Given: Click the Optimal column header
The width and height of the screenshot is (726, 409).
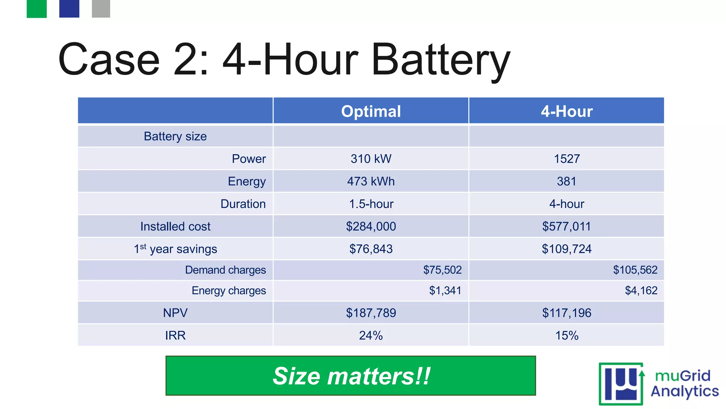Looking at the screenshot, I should tap(371, 111).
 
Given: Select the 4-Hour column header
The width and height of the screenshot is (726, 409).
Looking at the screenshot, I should tap(566, 111).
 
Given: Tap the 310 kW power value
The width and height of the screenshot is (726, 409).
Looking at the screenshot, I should tap(371, 159).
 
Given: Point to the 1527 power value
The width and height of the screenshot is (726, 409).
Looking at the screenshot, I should tap(566, 159).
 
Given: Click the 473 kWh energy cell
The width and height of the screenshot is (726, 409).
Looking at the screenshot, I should tap(371, 181).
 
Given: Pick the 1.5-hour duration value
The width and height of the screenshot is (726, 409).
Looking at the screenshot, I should tap(371, 204).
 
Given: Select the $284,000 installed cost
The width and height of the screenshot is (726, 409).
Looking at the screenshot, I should tap(371, 227).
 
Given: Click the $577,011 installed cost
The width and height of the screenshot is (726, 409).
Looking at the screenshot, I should tap(566, 227).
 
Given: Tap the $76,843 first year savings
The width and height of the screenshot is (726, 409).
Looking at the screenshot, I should tap(371, 249).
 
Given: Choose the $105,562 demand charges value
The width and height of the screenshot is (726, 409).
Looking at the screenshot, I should tap(635, 270).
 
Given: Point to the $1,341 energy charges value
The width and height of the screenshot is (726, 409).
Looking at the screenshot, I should tap(445, 291).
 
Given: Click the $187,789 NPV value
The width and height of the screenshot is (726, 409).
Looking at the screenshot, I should tap(371, 313).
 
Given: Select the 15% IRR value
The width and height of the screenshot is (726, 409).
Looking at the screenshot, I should tap(566, 336).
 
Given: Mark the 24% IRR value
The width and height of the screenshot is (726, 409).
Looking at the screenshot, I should tap(371, 336).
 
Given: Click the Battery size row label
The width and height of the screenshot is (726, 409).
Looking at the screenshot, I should tap(175, 136).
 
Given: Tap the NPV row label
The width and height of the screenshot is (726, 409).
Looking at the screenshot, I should tap(175, 313).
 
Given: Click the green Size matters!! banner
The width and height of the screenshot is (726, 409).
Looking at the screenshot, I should tap(351, 376).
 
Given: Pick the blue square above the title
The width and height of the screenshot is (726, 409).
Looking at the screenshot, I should tap(69, 9).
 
